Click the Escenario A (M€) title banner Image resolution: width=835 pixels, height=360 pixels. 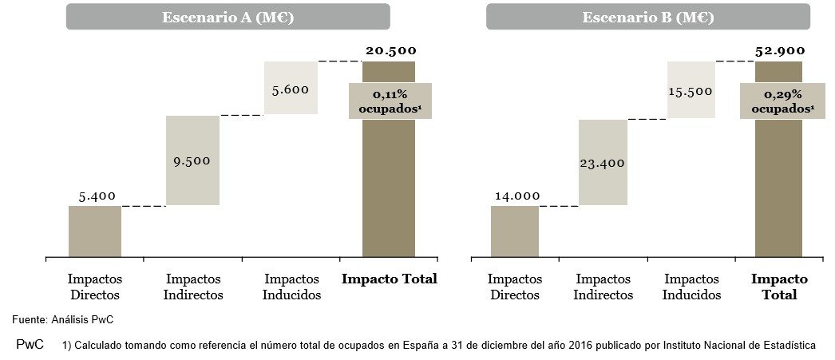(228, 17)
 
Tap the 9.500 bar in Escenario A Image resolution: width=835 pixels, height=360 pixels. (192, 160)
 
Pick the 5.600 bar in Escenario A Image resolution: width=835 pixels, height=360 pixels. (291, 88)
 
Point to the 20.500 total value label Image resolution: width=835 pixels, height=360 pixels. (390, 51)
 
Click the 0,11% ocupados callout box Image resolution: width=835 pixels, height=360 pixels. (390, 101)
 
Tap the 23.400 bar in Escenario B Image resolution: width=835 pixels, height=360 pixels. (603, 163)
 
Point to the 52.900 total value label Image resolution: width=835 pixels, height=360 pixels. (780, 51)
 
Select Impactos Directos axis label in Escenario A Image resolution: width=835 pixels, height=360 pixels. (94, 287)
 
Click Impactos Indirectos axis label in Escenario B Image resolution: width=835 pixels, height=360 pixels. (603, 287)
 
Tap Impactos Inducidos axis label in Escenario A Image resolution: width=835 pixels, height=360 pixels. (291, 287)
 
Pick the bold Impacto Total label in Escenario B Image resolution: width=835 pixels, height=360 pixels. (779, 287)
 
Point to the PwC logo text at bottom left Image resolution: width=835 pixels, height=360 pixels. (30, 346)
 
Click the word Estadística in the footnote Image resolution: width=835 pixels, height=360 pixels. (789, 346)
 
